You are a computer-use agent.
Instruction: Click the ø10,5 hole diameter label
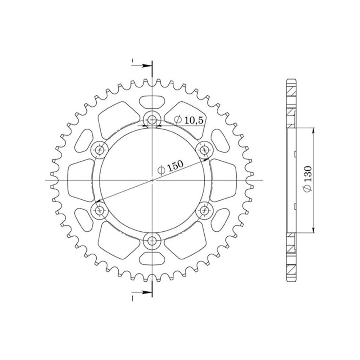(x=185, y=119)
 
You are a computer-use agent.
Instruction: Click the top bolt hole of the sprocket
(x=153, y=120)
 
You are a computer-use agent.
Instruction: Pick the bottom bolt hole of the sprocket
(x=153, y=239)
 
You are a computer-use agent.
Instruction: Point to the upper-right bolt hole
(x=205, y=150)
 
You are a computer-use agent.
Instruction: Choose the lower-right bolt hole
(x=205, y=210)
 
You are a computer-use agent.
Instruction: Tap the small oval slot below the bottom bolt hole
(x=153, y=260)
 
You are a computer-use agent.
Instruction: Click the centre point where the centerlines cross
(x=153, y=180)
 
